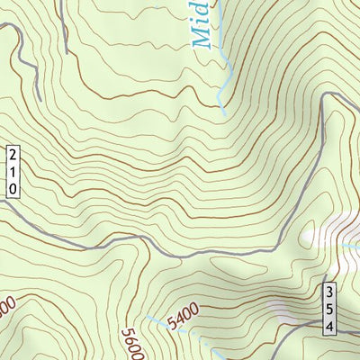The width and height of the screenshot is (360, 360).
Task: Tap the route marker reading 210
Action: tap(13, 171)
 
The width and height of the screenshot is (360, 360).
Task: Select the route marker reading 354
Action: tap(330, 309)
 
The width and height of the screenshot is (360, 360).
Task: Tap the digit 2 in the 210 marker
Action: tap(13, 155)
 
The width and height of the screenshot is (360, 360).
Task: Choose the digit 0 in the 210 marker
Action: tap(13, 187)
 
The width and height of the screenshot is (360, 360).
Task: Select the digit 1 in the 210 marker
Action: tap(13, 171)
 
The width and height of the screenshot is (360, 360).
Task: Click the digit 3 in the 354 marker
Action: tap(330, 292)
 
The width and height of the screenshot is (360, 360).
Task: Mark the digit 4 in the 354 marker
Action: tap(330, 325)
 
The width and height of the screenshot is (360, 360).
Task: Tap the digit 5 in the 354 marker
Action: tap(330, 309)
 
